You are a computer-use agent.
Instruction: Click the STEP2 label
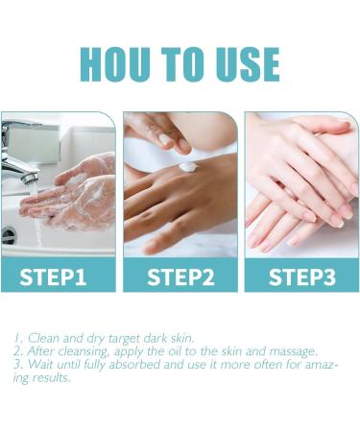pyautogui.click(x=180, y=277)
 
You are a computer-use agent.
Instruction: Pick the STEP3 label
pyautogui.click(x=301, y=277)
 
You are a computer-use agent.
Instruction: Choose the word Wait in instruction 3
pyautogui.click(x=41, y=365)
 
